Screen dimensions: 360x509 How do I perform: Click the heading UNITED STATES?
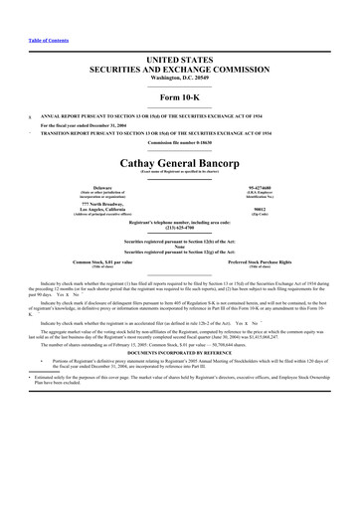pos(180,35)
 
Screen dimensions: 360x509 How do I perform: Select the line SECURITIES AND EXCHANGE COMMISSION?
pos(180,45)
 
